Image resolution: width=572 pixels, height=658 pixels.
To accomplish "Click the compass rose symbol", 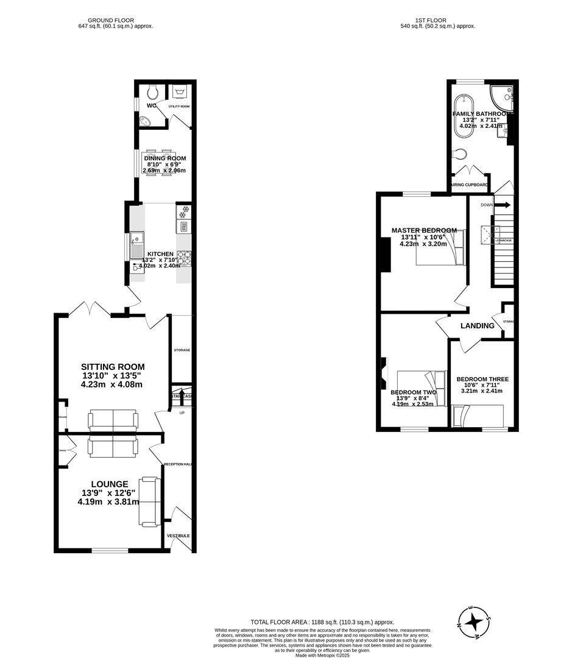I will coord(473,623).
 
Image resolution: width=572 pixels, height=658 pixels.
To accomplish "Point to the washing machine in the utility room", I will coord(180,92).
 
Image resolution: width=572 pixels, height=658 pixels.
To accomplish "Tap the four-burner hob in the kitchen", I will coord(183,260).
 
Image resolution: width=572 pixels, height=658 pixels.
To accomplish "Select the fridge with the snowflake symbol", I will coord(183,211).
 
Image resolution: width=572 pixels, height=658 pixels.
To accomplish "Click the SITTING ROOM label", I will coord(113,367).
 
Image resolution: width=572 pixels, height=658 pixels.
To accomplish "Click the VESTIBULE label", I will coord(178,536).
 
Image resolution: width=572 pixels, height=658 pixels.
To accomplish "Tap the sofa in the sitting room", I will coord(113,420).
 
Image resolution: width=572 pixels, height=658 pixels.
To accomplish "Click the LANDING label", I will coord(477,326).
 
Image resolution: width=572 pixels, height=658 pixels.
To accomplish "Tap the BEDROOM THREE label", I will coord(482,379).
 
